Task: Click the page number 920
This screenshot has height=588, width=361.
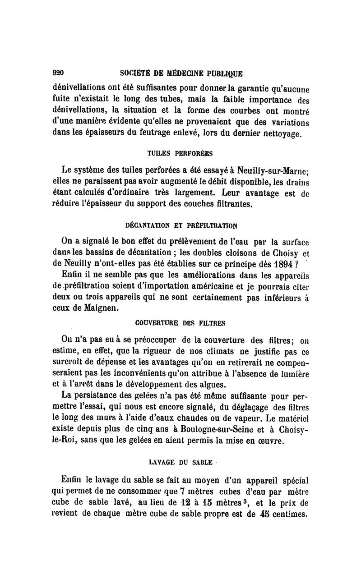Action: tap(59, 72)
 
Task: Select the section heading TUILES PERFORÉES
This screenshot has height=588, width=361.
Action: tap(177, 153)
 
